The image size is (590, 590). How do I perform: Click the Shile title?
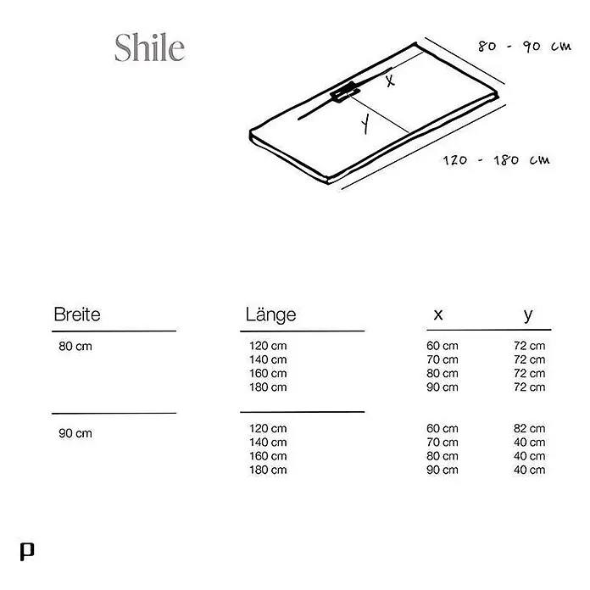(150, 47)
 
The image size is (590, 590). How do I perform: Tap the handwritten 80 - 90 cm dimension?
(525, 47)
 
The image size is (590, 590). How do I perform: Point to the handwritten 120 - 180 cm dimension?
(496, 160)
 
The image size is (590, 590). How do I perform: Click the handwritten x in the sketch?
(390, 80)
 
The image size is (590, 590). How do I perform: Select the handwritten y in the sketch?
(365, 124)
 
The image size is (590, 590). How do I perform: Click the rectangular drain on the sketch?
(345, 92)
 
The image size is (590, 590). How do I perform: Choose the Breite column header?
(77, 314)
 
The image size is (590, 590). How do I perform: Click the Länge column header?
(271, 314)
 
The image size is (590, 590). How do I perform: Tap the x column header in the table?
(438, 314)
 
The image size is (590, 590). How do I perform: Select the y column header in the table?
(528, 315)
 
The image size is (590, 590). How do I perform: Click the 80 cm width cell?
(75, 346)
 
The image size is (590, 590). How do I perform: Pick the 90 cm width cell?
(75, 433)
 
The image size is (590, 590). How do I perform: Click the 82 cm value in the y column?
(530, 428)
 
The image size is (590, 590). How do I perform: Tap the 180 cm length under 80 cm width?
(268, 387)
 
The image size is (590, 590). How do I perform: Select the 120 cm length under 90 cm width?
(268, 428)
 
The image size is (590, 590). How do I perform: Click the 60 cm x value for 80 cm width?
(442, 345)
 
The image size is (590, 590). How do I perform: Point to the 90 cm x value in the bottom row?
(442, 470)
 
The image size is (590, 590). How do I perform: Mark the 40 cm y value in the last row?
(530, 470)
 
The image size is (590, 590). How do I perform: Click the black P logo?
(27, 552)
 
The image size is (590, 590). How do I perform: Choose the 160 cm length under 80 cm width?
(268, 373)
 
